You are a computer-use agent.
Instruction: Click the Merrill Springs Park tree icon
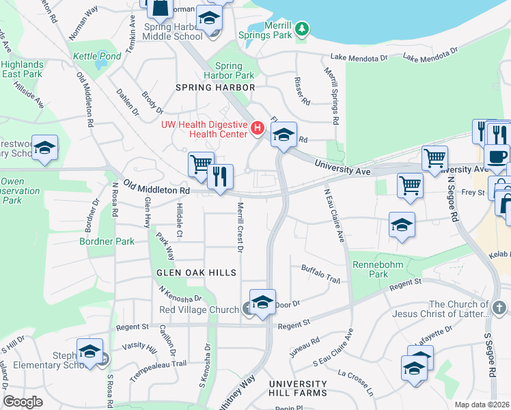pyautogui.click(x=302, y=29)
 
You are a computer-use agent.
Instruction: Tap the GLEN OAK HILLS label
pyautogui.click(x=197, y=273)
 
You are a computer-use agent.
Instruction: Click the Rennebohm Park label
pyautogui.click(x=369, y=269)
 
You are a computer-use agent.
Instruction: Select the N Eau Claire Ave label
pyautogui.click(x=333, y=215)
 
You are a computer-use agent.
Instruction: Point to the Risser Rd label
pyautogui.click(x=301, y=90)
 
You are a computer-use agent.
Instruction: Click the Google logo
pyautogui.click(x=23, y=401)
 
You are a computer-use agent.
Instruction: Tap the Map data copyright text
pyautogui.click(x=482, y=405)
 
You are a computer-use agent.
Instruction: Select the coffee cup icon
pyautogui.click(x=497, y=155)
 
